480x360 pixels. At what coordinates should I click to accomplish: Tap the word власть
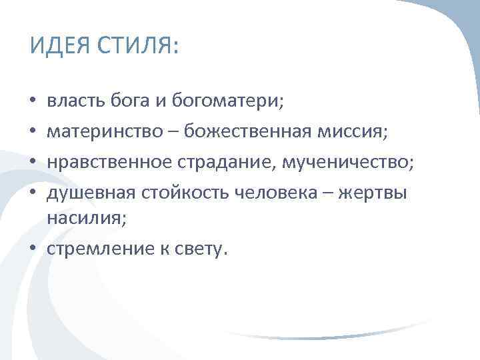[71, 102]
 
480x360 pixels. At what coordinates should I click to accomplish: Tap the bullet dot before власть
[33, 102]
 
